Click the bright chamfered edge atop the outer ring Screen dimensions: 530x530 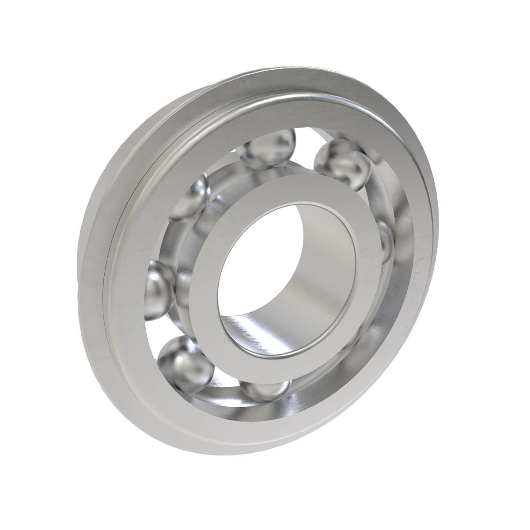click(x=309, y=95)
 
